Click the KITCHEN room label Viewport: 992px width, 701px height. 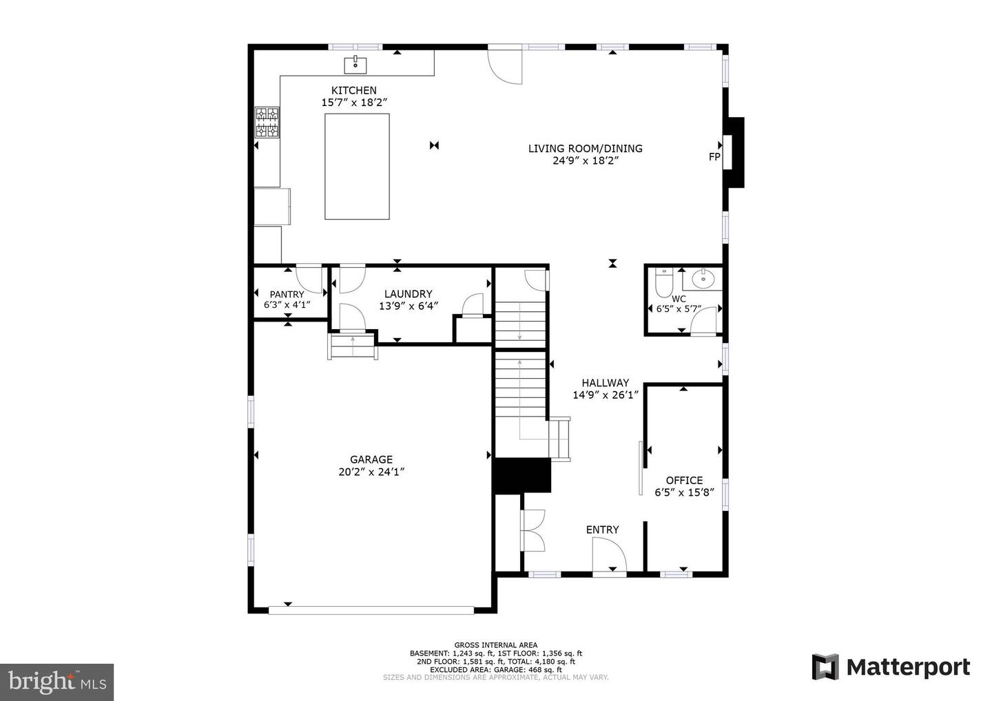[354, 90]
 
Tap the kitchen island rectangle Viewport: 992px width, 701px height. [357, 167]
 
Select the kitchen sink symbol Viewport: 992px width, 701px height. [355, 65]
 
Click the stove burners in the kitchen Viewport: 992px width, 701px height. [267, 123]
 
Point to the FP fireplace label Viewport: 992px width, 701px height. [714, 157]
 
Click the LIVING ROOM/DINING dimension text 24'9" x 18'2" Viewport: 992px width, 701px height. [585, 160]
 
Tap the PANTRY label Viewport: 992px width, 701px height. [287, 294]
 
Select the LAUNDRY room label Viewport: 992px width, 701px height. [408, 294]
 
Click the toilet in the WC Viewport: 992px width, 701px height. [663, 282]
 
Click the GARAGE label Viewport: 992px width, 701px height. [371, 459]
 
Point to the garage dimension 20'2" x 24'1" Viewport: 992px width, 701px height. [371, 472]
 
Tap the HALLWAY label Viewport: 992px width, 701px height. [605, 383]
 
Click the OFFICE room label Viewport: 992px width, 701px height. [684, 480]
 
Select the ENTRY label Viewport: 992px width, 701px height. [602, 530]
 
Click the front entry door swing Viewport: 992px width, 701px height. [609, 554]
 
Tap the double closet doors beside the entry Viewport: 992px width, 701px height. [533, 530]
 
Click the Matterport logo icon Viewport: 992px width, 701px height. [825, 667]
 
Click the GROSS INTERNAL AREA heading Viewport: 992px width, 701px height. [495, 645]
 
